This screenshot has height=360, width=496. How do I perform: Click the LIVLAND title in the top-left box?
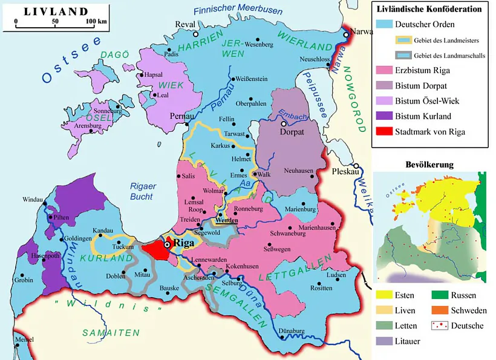pyautogui.click(x=56, y=11)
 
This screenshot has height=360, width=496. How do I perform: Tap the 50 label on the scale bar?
pyautogui.click(x=55, y=22)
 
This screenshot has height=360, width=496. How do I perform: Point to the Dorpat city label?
pyautogui.click(x=292, y=131)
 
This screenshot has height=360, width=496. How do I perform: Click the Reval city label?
pyautogui.click(x=185, y=24)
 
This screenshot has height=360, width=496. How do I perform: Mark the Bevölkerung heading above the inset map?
pyautogui.click(x=429, y=165)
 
